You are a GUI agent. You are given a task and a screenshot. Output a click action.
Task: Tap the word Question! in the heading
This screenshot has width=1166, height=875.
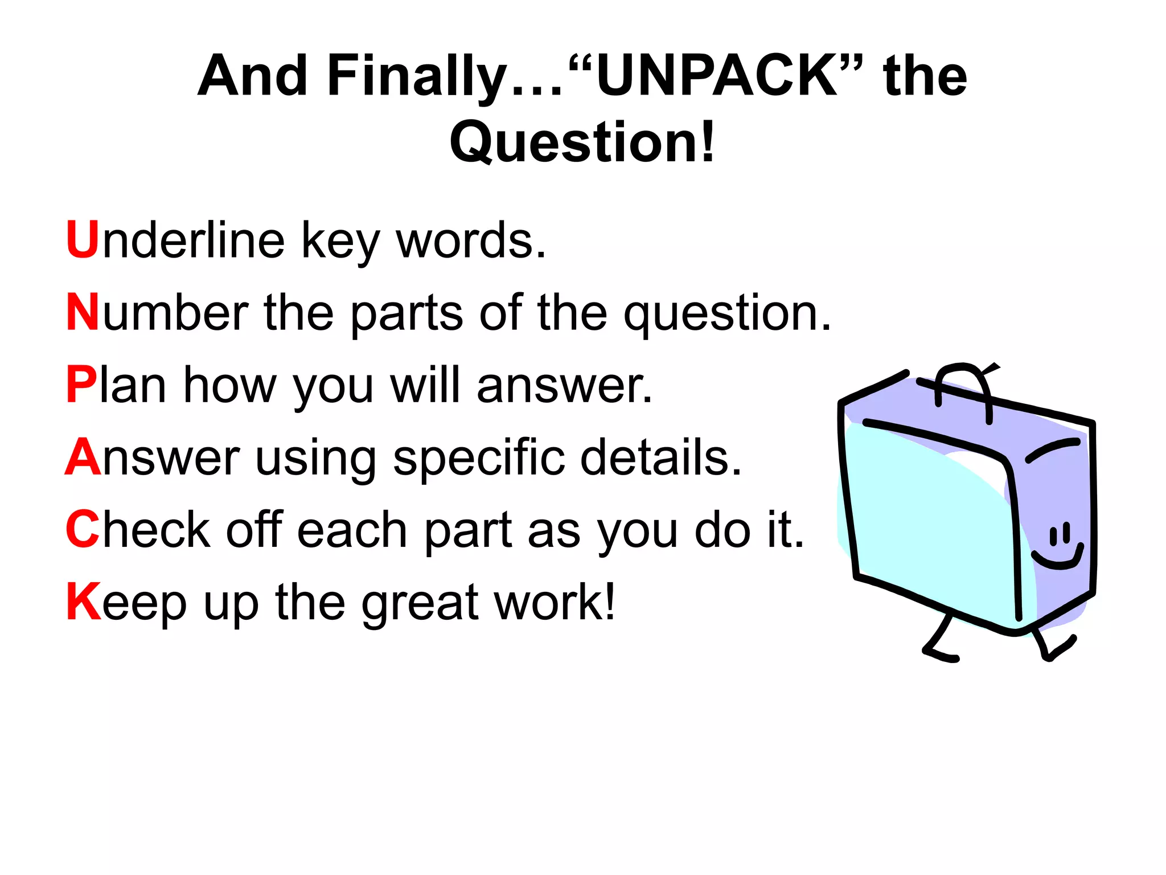(x=582, y=142)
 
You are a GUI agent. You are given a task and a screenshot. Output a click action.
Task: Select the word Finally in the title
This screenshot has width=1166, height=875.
(x=416, y=77)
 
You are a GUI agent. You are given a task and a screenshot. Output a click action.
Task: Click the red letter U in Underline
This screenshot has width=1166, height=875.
(x=83, y=239)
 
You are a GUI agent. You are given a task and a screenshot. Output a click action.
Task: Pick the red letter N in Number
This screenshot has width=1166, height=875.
(x=83, y=312)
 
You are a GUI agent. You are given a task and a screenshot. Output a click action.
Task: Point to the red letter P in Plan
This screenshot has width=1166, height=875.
(x=81, y=385)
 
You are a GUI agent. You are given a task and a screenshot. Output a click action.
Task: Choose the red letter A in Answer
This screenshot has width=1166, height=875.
(x=83, y=457)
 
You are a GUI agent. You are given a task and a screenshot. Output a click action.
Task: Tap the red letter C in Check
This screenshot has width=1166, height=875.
(x=83, y=529)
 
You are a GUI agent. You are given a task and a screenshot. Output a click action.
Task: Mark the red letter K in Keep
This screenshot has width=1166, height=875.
(x=83, y=602)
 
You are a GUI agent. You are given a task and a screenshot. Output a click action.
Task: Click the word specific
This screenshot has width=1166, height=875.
(x=478, y=459)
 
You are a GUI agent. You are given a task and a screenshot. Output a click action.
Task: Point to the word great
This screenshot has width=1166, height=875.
(x=419, y=604)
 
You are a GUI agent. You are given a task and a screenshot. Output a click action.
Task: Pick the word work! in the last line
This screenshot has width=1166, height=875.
(x=555, y=602)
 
